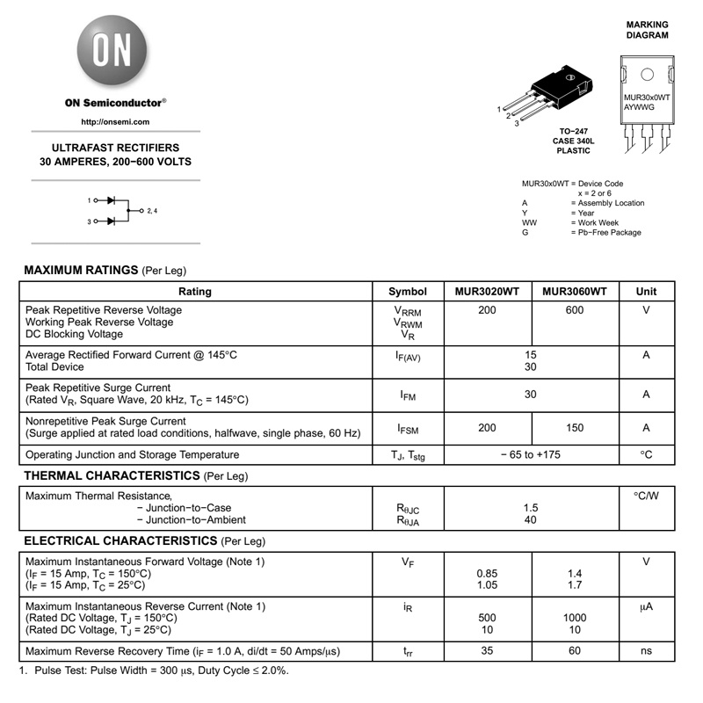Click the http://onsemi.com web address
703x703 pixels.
click(x=115, y=122)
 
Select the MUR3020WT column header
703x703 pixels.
click(x=487, y=292)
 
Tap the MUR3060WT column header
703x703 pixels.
click(x=575, y=292)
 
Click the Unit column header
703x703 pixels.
click(x=646, y=292)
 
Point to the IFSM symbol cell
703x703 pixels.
click(x=408, y=429)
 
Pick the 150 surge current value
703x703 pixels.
click(x=575, y=428)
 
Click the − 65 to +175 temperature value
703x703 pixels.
click(x=531, y=455)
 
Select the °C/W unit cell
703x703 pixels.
click(x=646, y=496)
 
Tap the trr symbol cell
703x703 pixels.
click(x=408, y=652)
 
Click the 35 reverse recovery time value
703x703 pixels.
click(x=487, y=651)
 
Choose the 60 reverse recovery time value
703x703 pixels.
click(x=575, y=651)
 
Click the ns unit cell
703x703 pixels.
click(x=646, y=651)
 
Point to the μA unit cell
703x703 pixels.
click(x=646, y=606)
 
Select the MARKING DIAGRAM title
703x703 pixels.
click(x=647, y=31)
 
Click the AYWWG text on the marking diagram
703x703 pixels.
click(x=639, y=107)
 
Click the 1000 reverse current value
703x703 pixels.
click(x=575, y=618)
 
